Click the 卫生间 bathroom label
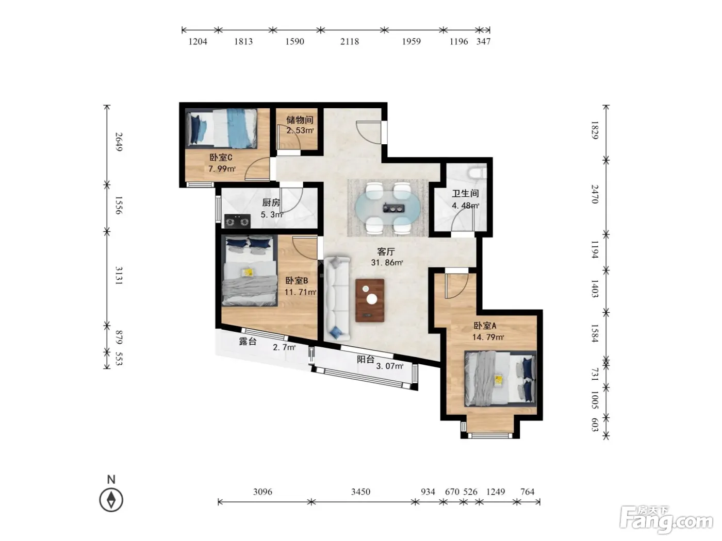click(465, 194)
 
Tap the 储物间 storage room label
click(299, 120)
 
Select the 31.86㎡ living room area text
click(387, 262)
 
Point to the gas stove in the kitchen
click(237, 221)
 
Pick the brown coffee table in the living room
click(370, 300)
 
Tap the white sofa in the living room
click(337, 298)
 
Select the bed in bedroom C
click(222, 128)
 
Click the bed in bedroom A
click(500, 378)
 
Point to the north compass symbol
click(111, 500)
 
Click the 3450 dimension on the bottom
click(360, 492)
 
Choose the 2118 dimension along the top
click(349, 41)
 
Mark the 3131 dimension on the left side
click(119, 276)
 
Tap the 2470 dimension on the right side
click(595, 194)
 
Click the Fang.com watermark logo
click(666, 521)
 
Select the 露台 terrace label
click(248, 341)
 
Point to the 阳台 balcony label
click(366, 359)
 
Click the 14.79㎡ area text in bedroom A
click(488, 337)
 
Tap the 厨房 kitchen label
click(271, 202)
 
